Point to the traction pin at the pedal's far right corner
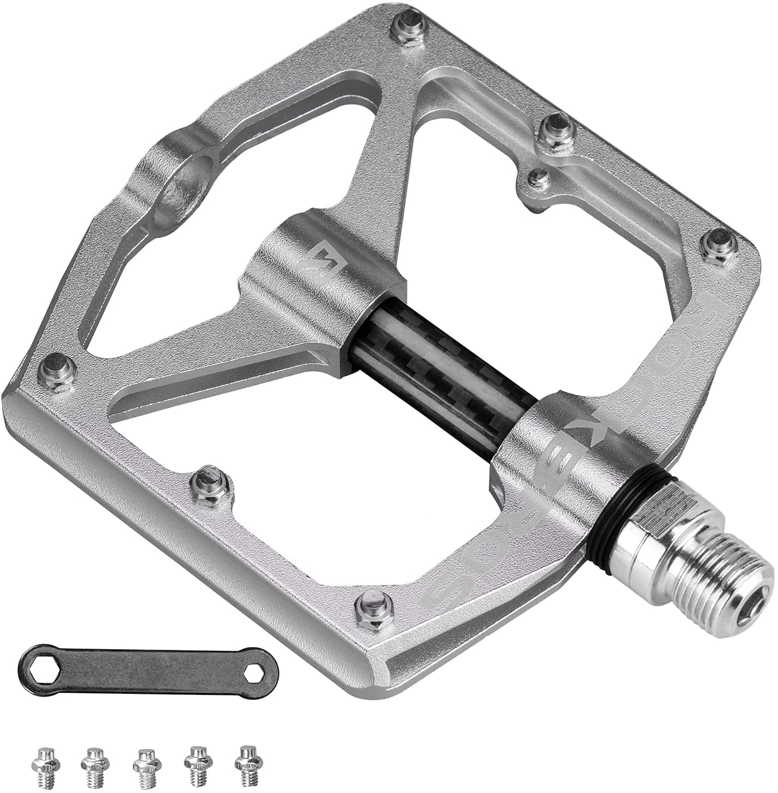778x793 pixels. click(x=718, y=243)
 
